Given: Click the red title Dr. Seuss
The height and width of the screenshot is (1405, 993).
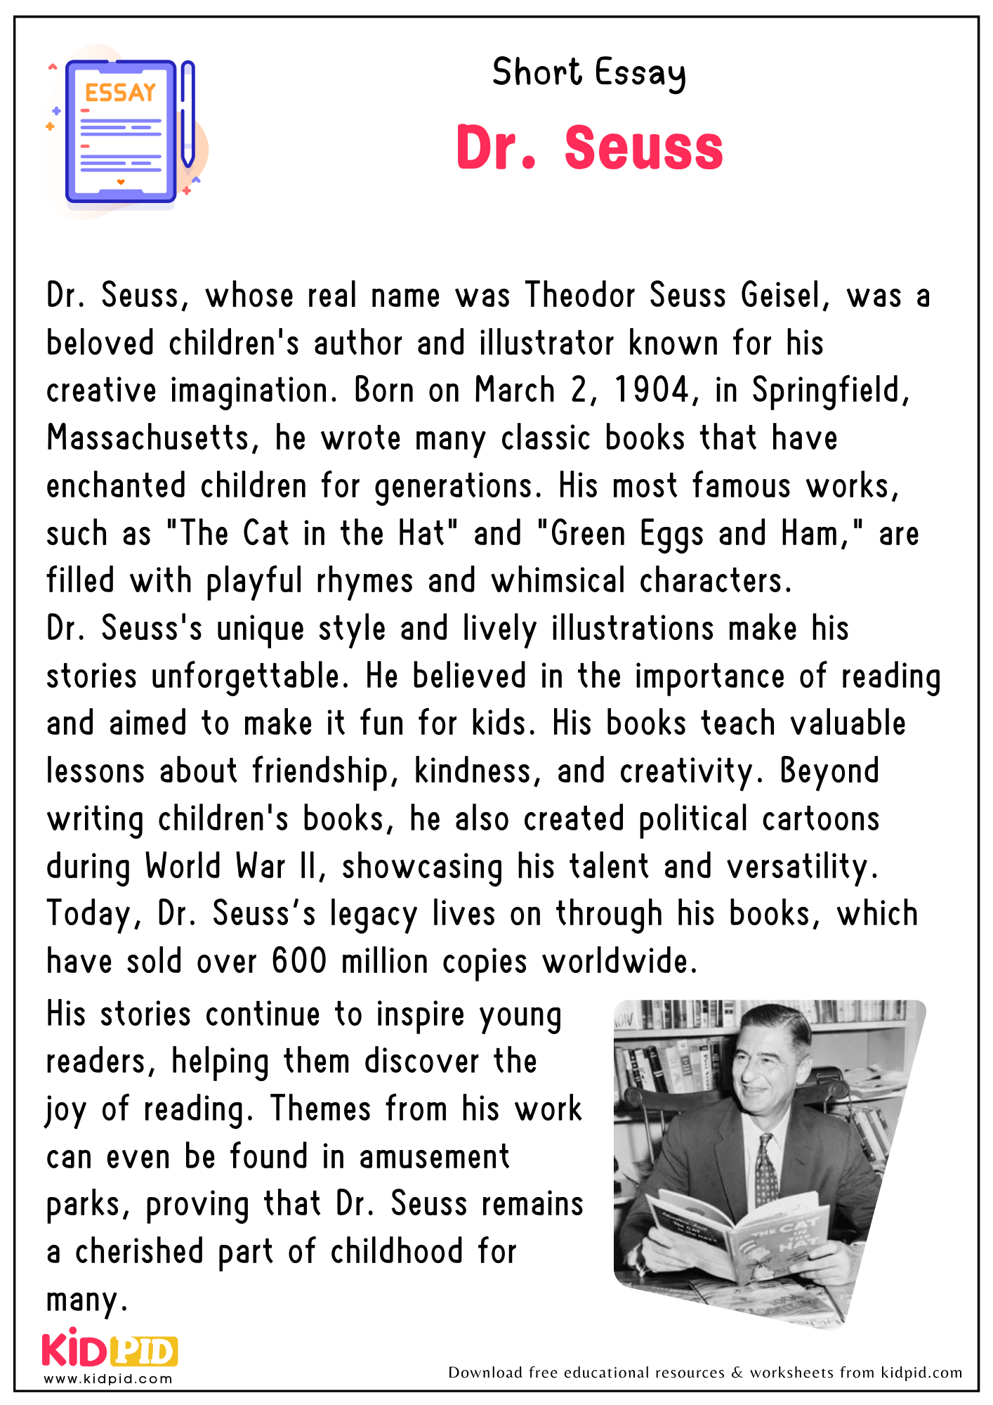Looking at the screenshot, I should click(589, 148).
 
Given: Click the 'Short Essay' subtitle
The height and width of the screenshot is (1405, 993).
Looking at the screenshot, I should click(588, 73).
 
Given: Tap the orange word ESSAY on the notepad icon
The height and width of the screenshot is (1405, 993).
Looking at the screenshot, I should click(120, 93).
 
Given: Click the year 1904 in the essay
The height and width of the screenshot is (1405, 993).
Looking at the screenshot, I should click(652, 391).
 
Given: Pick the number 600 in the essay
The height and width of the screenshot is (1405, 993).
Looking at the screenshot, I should click(299, 961).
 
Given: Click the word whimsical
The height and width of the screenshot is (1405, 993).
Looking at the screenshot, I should click(558, 581).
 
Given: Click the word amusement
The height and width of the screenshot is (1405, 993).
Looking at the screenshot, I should click(434, 1157).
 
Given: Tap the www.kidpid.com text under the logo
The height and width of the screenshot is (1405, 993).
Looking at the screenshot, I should click(108, 1379).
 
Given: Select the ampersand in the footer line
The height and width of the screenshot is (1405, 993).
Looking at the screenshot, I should click(737, 1373).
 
